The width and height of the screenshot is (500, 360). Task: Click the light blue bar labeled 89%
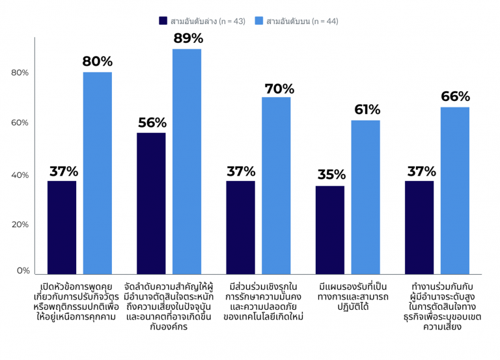pyautogui.click(x=187, y=161)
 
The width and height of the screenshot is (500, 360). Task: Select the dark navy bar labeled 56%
pyautogui.click(x=151, y=203)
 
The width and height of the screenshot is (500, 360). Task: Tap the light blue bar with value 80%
pyautogui.click(x=97, y=173)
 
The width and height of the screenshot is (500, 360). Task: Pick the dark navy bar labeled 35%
pyautogui.click(x=329, y=230)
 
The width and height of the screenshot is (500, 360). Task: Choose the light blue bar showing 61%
pyautogui.click(x=365, y=197)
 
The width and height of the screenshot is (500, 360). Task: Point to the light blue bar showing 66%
pyautogui.click(x=454, y=190)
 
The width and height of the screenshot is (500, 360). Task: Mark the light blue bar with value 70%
pyautogui.click(x=276, y=186)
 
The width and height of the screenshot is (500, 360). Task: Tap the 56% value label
pyautogui.click(x=152, y=122)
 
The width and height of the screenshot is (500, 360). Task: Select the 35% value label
pyautogui.click(x=331, y=175)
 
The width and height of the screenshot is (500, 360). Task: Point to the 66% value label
pyautogui.click(x=455, y=96)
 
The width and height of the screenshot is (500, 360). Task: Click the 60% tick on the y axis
pyautogui.click(x=20, y=123)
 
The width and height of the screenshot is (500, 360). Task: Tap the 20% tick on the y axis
pyautogui.click(x=20, y=225)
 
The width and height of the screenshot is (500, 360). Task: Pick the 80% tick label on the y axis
pyautogui.click(x=20, y=73)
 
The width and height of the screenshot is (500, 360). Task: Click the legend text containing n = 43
pyautogui.click(x=208, y=21)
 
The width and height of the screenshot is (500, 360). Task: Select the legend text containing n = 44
pyautogui.click(x=302, y=21)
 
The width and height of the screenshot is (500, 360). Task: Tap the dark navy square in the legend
pyautogui.click(x=163, y=21)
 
